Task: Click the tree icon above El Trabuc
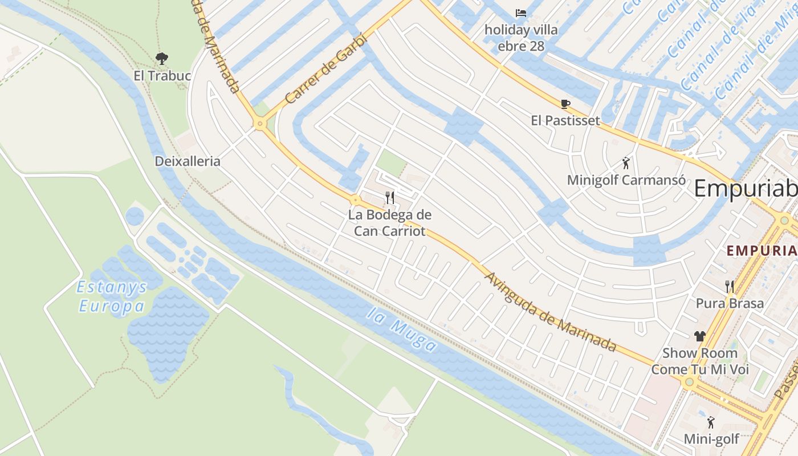click(x=162, y=58)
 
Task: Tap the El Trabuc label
click(x=162, y=76)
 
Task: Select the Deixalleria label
click(x=188, y=161)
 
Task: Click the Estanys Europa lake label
click(x=112, y=296)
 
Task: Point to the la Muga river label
click(x=402, y=330)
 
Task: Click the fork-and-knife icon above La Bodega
click(x=390, y=198)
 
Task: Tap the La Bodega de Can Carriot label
click(x=390, y=223)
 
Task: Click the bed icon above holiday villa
click(x=521, y=13)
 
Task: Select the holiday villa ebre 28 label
click(x=521, y=38)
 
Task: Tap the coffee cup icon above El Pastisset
click(x=565, y=104)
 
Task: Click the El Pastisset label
click(x=565, y=120)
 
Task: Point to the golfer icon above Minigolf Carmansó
click(x=626, y=164)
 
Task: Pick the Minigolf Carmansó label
click(x=626, y=180)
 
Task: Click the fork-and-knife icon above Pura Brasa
click(x=730, y=286)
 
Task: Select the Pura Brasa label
click(x=730, y=303)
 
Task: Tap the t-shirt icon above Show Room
click(x=700, y=336)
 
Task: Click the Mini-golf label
click(x=711, y=439)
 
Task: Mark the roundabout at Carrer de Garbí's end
click(x=260, y=124)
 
